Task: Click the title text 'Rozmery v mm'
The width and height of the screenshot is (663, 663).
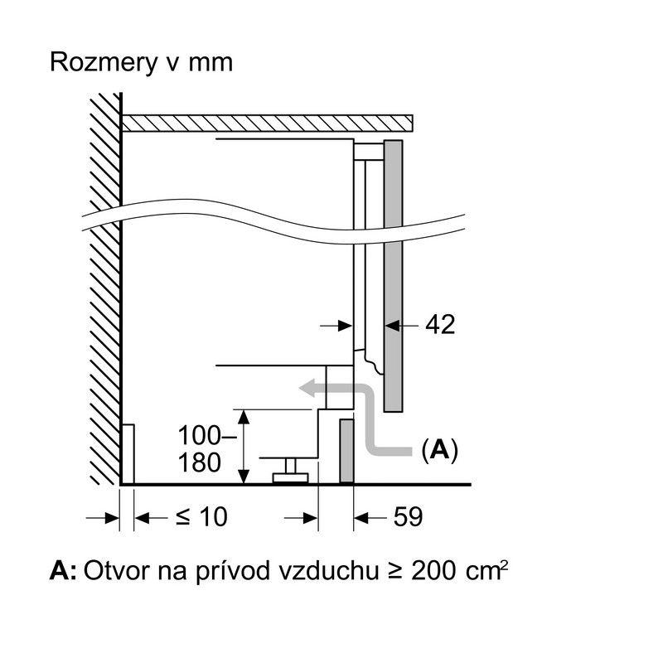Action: (x=142, y=63)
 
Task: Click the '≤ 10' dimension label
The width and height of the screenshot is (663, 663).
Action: (x=201, y=517)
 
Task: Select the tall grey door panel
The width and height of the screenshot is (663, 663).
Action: (x=393, y=273)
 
